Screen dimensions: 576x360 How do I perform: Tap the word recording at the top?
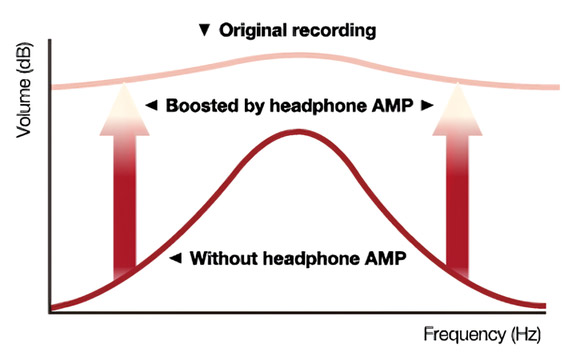point(334,31)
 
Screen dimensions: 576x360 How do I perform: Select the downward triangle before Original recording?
point(205,30)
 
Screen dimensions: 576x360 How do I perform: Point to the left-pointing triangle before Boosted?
point(151,106)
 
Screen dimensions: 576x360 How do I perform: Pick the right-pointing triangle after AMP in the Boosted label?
point(427,106)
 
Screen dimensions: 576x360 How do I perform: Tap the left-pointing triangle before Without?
point(175,258)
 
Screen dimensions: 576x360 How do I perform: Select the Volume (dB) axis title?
point(24,90)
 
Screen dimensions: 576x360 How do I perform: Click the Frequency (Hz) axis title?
point(482,335)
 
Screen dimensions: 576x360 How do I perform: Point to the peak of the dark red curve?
point(298,132)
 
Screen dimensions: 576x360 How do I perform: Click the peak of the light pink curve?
point(298,55)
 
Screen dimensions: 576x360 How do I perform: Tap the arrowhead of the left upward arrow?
point(125,110)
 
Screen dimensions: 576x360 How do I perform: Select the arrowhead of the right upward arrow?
point(457,110)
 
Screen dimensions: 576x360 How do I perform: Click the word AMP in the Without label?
point(385,258)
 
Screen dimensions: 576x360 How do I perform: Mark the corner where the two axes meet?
point(50,312)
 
